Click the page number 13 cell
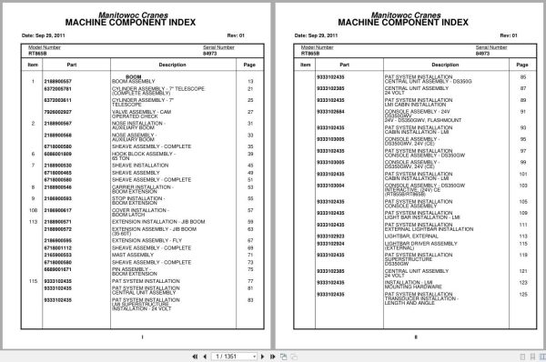[x=250, y=82]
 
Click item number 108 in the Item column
[x=30, y=209]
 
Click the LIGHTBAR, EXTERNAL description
[x=409, y=235]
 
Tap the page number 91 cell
[x=523, y=111]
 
